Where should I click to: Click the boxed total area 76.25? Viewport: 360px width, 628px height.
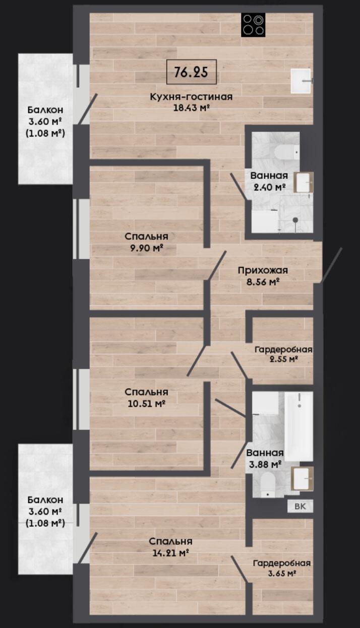[192, 72]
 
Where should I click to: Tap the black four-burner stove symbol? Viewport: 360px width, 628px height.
[253, 25]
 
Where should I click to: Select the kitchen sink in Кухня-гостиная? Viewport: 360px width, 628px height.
[301, 81]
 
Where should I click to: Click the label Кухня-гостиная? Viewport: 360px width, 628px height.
[192, 97]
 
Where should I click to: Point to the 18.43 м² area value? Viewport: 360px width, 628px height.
[192, 108]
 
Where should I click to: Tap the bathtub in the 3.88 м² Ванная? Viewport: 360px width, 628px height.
[298, 426]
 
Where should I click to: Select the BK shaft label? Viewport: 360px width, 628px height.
[300, 507]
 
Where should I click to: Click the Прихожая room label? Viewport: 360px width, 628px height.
[263, 271]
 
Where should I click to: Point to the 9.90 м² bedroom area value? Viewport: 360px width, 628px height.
[147, 248]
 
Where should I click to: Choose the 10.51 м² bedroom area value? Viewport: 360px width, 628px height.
[146, 404]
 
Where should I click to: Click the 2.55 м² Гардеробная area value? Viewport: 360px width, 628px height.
[283, 359]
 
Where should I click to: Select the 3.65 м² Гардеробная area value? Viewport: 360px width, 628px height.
[282, 574]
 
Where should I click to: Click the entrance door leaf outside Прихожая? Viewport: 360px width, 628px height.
[332, 265]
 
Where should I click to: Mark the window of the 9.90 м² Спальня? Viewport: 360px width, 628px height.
[81, 229]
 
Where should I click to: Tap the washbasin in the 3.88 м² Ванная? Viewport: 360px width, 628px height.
[302, 479]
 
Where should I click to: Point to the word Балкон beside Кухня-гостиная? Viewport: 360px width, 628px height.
[45, 110]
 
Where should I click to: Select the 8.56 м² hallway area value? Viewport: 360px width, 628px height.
[263, 282]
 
